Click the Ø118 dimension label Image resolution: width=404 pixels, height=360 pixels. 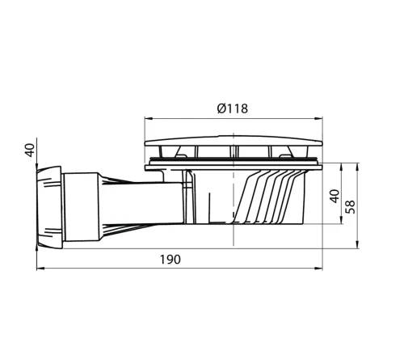click(x=233, y=108)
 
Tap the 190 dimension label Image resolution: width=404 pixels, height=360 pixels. click(x=170, y=260)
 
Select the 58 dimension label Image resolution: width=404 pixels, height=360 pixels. click(x=351, y=207)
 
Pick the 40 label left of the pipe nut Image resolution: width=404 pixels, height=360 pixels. click(x=30, y=150)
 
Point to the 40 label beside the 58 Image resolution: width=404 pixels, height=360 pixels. click(x=335, y=196)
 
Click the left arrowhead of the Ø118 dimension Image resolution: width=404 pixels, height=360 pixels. click(x=149, y=118)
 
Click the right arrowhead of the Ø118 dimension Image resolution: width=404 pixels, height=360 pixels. click(x=318, y=118)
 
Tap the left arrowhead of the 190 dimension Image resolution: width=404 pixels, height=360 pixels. click(x=40, y=269)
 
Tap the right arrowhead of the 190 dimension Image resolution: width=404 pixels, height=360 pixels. click(x=318, y=269)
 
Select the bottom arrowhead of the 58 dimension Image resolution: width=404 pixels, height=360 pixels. click(x=357, y=244)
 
